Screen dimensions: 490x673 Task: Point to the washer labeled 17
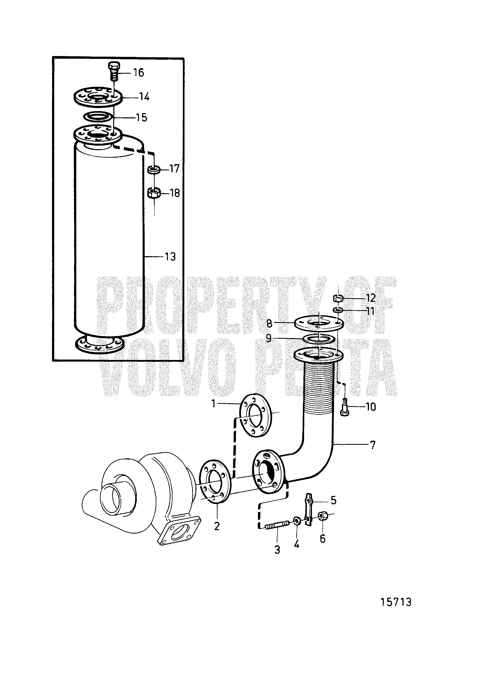(x=154, y=170)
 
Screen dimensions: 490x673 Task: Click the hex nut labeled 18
(x=154, y=193)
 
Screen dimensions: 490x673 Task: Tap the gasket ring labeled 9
(x=318, y=339)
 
